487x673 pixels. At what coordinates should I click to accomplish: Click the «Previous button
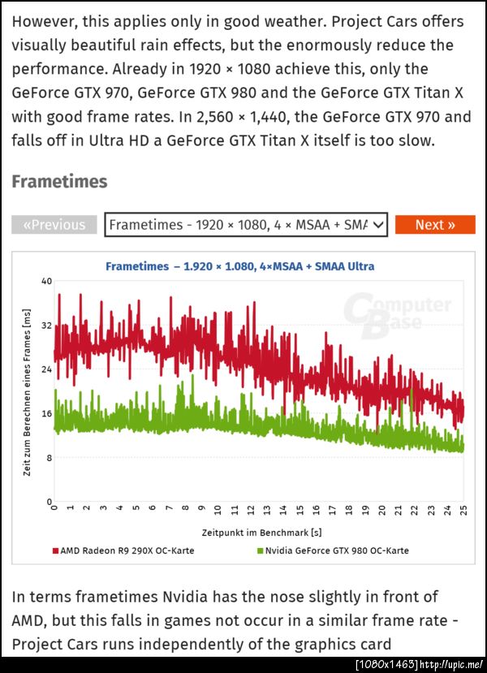(54, 225)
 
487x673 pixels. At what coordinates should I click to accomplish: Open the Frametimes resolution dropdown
(247, 225)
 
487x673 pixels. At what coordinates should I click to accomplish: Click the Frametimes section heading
(59, 181)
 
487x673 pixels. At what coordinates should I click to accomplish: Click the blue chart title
(239, 265)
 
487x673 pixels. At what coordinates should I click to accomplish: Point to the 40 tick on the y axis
(46, 281)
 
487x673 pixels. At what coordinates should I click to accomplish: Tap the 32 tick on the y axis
(46, 326)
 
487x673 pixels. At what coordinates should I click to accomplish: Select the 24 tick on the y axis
(46, 369)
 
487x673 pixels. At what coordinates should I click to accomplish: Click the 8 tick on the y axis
(48, 458)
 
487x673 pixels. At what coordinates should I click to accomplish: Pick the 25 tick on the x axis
(463, 511)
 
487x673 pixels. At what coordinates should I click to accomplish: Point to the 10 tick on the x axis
(218, 511)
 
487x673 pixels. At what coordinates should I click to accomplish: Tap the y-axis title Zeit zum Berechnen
(27, 393)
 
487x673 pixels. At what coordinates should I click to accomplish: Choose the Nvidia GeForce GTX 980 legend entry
(337, 550)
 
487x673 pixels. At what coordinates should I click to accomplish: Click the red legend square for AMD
(55, 550)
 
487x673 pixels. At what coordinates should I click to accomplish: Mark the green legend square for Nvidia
(260, 550)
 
